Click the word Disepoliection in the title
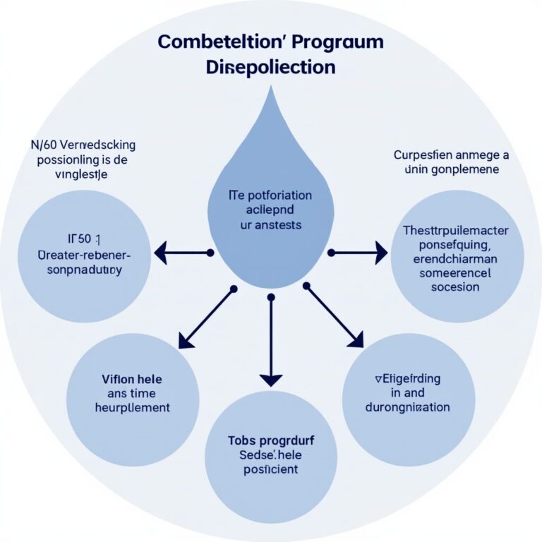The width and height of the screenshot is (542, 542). [270, 68]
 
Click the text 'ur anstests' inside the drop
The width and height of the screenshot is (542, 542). [270, 225]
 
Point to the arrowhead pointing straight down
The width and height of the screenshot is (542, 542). [270, 379]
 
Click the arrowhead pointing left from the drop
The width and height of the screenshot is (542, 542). [162, 252]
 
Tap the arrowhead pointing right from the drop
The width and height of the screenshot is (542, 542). [380, 252]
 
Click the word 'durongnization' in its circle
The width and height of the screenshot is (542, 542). [408, 407]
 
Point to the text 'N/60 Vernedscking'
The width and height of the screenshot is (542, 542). [84, 145]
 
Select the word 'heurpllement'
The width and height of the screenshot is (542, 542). [132, 407]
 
